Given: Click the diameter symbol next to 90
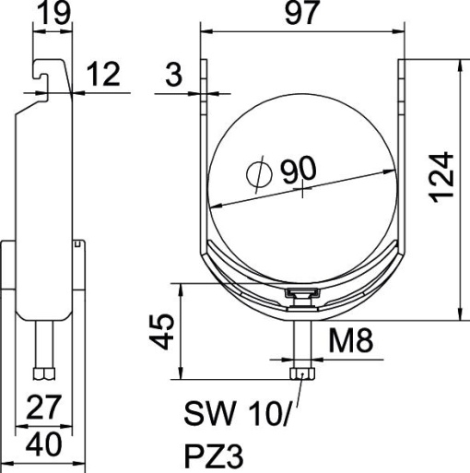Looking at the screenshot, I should pyautogui.click(x=259, y=173).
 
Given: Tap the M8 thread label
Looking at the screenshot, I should pyautogui.click(x=351, y=345).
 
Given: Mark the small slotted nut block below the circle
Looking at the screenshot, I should pyautogui.click(x=300, y=294).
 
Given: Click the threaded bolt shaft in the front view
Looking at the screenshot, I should pyautogui.click(x=299, y=341).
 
